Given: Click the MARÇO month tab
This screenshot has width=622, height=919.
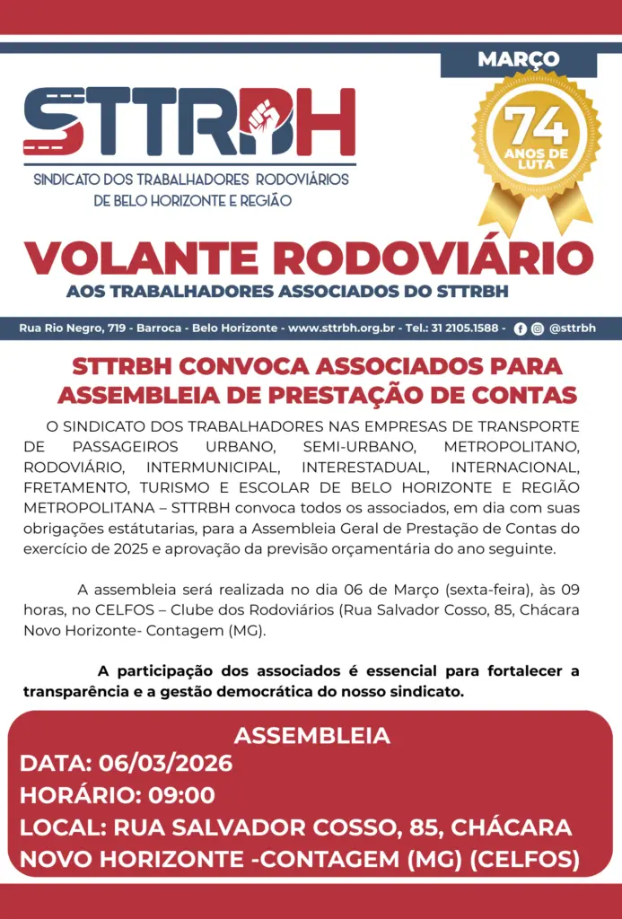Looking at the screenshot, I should (518, 59).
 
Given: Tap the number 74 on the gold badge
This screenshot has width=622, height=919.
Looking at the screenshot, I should (537, 127).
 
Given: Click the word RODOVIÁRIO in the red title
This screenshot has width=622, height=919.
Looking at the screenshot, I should (434, 259).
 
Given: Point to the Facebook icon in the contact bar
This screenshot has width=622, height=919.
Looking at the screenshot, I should (521, 328).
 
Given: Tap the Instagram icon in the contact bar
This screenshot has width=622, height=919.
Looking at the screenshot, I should (537, 328).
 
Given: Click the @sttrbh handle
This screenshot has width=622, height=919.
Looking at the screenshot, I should (572, 328).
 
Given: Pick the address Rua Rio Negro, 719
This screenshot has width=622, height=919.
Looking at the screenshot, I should (73, 328).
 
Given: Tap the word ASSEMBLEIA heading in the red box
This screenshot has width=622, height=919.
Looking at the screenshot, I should (311, 736).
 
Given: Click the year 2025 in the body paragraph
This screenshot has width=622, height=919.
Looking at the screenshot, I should (136, 547).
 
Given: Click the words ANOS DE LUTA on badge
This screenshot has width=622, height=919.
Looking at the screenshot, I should (537, 160).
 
